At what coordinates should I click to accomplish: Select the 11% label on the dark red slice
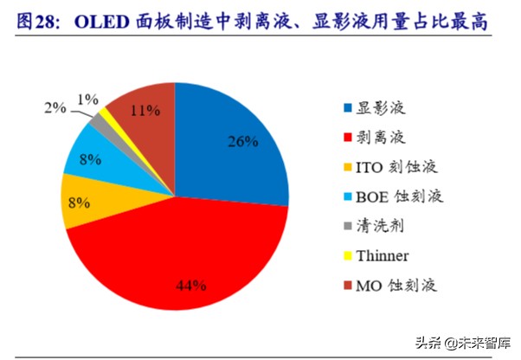(x=145, y=110)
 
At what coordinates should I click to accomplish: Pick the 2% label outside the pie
(x=55, y=108)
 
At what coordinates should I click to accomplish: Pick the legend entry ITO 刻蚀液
(x=398, y=166)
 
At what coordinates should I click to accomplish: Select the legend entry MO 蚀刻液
(x=399, y=286)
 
